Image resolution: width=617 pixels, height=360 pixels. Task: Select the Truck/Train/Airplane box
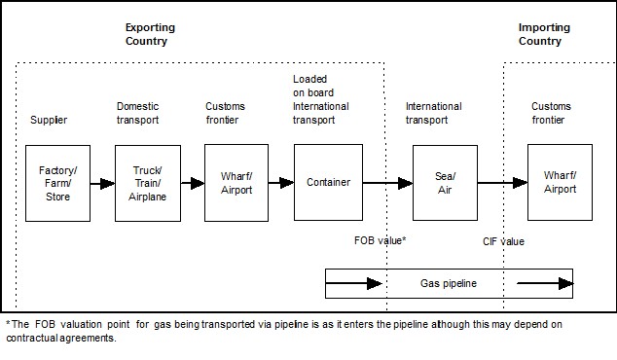coord(147,182)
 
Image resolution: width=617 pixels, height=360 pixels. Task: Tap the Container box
coord(328,182)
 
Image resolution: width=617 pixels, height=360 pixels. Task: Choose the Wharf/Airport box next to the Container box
coord(236,182)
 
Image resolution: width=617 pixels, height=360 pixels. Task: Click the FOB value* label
coord(379,239)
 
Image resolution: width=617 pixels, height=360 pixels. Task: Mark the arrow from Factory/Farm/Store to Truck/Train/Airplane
coord(102,182)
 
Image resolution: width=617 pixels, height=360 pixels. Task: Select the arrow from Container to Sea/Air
coord(387,182)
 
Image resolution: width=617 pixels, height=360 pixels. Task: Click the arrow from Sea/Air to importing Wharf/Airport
coord(501,182)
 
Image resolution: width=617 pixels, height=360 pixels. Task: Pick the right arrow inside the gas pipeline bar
coord(545,283)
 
